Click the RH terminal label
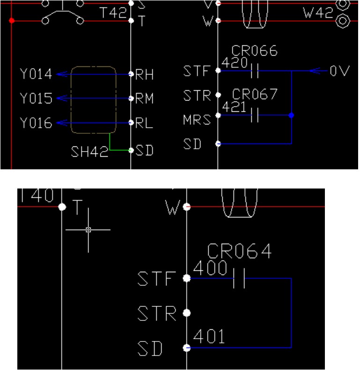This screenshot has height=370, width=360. click(145, 75)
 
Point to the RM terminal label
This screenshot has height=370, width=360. click(145, 99)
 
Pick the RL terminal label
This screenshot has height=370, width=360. click(144, 123)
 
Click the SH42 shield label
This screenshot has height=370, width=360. click(89, 152)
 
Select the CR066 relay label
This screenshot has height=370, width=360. click(255, 51)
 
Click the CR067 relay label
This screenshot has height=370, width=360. click(255, 94)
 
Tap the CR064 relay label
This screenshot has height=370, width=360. click(239, 252)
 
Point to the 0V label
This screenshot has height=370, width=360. click(339, 72)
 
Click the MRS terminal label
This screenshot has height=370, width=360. click(198, 120)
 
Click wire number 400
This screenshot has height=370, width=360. click(210, 268)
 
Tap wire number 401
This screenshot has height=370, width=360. click(209, 336)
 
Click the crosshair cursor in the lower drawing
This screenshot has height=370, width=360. click(88, 230)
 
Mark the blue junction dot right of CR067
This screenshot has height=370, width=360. click(291, 115)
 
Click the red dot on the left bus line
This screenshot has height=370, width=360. click(12, 21)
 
